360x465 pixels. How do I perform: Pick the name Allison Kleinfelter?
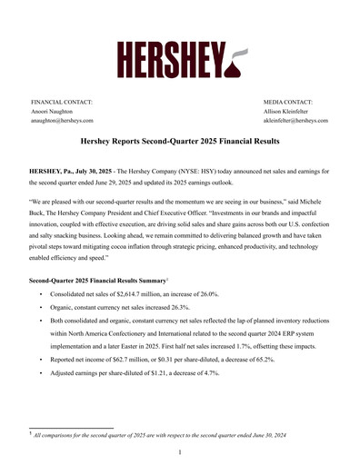290,111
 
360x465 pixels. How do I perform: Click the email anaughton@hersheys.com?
62,120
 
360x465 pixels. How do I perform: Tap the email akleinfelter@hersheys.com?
295,120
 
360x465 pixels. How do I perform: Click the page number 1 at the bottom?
180,451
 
